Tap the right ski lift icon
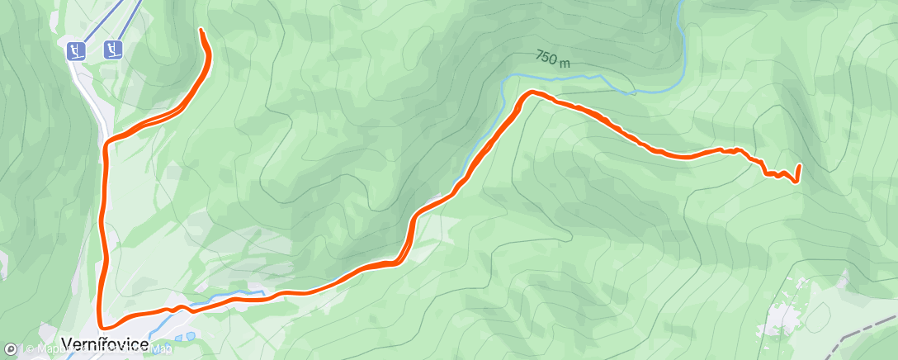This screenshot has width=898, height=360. (113, 50)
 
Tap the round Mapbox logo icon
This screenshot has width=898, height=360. (11, 350)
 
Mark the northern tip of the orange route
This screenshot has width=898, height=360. (202, 31)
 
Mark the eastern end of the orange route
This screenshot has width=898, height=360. (799, 168)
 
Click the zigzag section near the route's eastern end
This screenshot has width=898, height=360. (772, 172)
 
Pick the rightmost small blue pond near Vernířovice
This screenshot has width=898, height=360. (191, 336)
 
